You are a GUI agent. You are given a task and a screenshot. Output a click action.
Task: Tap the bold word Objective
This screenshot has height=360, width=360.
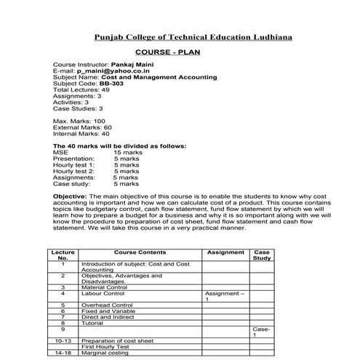point(70,196)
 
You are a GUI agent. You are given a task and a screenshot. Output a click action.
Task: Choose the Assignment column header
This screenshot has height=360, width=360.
point(225,252)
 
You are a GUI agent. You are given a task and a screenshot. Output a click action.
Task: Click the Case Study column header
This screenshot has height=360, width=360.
point(262,255)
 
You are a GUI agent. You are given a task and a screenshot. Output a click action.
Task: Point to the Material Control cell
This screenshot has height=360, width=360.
point(106,287)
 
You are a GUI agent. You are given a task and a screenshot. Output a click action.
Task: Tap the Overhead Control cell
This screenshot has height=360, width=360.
point(107,305)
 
